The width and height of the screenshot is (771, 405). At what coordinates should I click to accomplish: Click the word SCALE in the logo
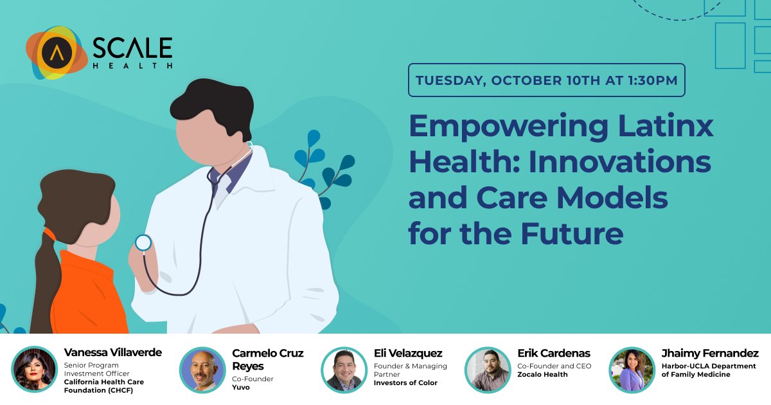[x=132, y=48]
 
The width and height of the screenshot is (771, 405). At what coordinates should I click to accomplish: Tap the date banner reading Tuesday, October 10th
[x=546, y=80]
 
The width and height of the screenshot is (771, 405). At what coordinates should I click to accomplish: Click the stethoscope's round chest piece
[x=143, y=243]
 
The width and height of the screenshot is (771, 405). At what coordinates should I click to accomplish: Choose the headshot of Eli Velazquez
[x=344, y=370]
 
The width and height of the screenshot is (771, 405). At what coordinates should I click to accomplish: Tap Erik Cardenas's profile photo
[x=487, y=370]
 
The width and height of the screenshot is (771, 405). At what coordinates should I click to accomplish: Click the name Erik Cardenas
[x=553, y=354]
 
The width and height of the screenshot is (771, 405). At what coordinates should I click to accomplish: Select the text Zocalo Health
[x=542, y=375]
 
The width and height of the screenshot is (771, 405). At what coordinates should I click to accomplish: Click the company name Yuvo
[x=241, y=388]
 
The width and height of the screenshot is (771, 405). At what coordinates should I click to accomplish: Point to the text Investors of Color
[x=405, y=383]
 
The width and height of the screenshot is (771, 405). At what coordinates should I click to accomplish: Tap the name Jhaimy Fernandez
[x=709, y=354]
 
